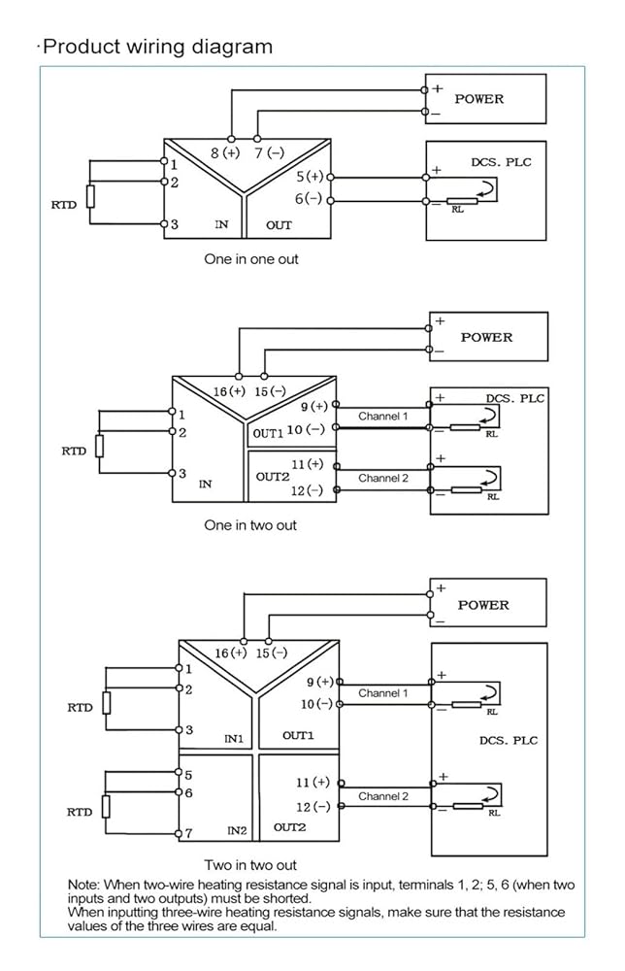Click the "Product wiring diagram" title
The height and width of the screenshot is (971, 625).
coord(158,47)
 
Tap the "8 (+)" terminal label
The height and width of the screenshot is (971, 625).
coord(225,152)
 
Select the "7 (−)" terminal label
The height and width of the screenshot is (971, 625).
coord(270,152)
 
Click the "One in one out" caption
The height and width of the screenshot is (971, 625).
coord(251,259)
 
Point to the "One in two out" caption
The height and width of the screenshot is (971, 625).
coord(250,525)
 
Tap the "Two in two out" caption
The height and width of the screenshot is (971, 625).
coord(250,864)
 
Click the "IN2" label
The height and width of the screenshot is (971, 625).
coord(237,830)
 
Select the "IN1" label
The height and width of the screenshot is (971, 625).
coord(234,738)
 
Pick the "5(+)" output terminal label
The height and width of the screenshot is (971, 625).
coord(310,177)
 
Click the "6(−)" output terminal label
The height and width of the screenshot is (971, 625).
coord(309,199)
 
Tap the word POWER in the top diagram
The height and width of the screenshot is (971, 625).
coord(479,99)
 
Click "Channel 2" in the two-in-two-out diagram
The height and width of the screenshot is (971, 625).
coord(383,796)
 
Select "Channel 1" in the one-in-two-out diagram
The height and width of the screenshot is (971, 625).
coord(383,417)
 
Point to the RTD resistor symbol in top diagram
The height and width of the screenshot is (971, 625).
coord(91,196)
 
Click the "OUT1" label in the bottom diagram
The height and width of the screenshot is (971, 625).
coord(298,735)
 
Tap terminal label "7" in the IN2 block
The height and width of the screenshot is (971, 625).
coord(188,833)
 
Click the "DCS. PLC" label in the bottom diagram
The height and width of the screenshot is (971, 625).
coord(509,740)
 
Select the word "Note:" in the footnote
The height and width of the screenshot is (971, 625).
coord(83,885)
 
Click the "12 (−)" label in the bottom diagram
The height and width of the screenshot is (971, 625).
coord(313,807)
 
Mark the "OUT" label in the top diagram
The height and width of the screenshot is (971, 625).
coord(279,225)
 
